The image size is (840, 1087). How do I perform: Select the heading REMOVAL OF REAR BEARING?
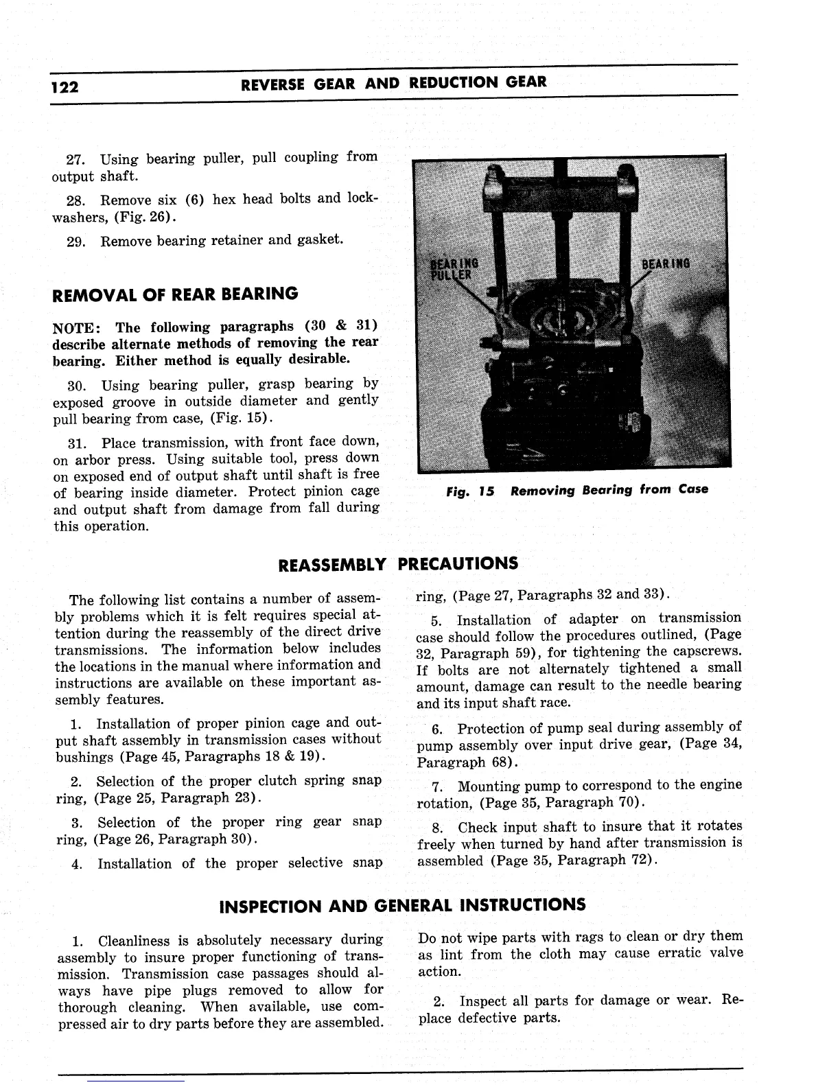point(176,294)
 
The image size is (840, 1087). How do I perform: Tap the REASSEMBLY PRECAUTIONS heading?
point(397,564)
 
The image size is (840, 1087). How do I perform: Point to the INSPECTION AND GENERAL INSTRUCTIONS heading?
point(401,905)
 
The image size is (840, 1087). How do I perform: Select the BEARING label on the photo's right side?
point(666,264)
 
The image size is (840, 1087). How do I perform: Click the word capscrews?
point(710,652)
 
